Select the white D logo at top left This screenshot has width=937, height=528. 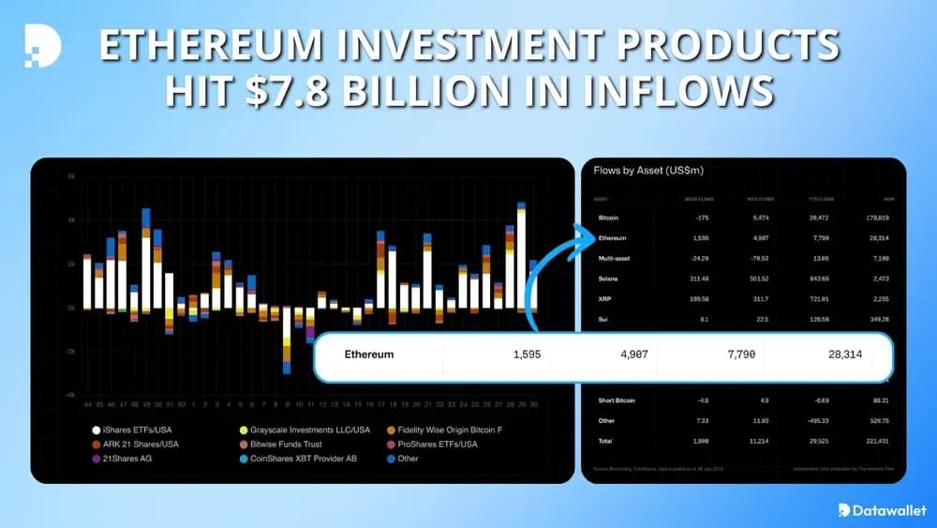[42, 45]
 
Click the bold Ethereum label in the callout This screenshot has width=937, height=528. [369, 355]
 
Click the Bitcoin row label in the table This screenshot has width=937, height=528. [609, 218]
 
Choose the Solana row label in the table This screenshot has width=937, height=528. [608, 278]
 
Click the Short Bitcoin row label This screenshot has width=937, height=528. [616, 400]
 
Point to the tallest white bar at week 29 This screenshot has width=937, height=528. [521, 258]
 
